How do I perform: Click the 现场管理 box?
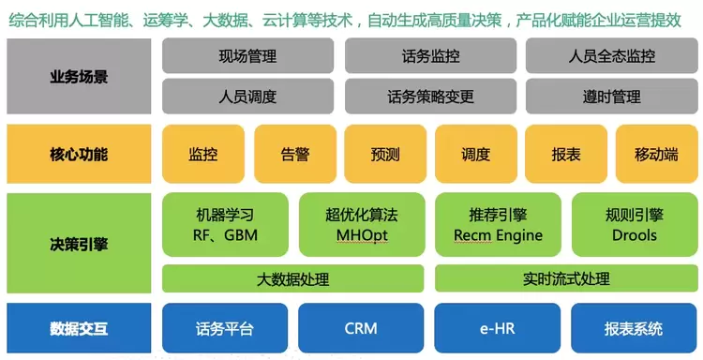tap(247, 55)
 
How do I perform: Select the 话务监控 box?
tap(430, 55)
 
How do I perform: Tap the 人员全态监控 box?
tap(611, 55)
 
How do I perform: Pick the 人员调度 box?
tap(247, 97)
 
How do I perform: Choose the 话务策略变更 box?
tap(430, 97)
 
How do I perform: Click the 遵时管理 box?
tap(611, 97)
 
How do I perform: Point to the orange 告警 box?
tap(295, 154)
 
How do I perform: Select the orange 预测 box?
tap(385, 154)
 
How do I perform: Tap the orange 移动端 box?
tap(656, 154)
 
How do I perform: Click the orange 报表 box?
tap(566, 154)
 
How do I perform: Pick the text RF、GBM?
tap(225, 235)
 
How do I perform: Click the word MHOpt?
tap(362, 235)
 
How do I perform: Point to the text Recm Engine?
tap(498, 235)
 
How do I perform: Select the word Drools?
tap(635, 235)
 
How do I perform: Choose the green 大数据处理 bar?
tap(292, 278)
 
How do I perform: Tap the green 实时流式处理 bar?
tap(566, 278)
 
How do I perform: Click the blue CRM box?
tap(361, 328)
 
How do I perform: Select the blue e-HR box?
tap(497, 328)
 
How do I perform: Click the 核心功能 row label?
tap(79, 154)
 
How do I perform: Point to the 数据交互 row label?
tap(79, 328)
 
